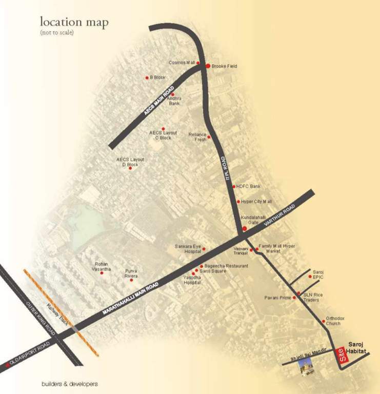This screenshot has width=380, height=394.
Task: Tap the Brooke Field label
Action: click(x=224, y=67)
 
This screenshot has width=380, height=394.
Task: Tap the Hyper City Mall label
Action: click(x=256, y=202)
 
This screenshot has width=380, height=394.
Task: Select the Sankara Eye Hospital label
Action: click(x=188, y=249)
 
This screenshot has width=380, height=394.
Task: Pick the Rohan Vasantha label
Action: click(x=102, y=266)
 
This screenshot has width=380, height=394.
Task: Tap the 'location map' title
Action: click(x=74, y=23)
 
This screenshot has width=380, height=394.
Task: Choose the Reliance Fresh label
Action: click(x=197, y=137)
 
